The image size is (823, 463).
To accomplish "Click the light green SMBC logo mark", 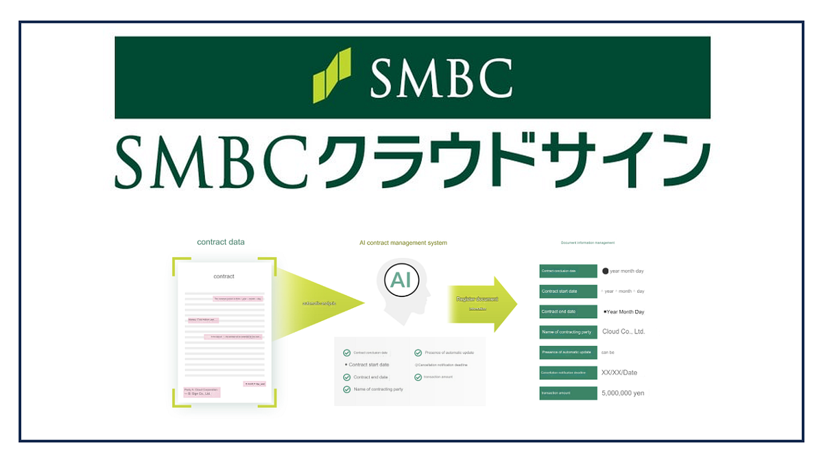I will coord(332,75).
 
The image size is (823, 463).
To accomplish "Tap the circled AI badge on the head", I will coord(402,279).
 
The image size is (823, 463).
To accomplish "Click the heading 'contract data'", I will coord(221,242).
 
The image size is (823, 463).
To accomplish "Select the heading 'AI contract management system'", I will coord(403,243).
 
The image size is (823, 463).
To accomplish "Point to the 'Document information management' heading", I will coord(588,243).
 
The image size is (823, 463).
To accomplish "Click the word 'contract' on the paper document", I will coord(224,276).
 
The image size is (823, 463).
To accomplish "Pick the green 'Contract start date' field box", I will coord(568,291).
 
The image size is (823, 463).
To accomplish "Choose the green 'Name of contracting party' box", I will coord(568,332).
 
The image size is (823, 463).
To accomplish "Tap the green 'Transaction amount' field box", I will coord(568,393).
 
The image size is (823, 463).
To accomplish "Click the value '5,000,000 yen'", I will coord(623,393).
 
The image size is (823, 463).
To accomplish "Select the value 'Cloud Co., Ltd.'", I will coord(623,332).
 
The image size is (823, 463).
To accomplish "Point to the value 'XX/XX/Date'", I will coord(619,372).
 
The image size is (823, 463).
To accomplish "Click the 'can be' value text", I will coord(608,353).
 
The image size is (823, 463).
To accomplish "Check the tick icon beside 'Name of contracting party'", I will coord(347,390).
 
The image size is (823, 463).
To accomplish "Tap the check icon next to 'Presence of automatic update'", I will coord(418,353).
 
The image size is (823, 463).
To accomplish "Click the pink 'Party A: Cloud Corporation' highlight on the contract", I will coord(201,392).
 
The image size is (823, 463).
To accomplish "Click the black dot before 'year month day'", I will coord(605,271).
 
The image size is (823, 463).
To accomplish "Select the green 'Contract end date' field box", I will coord(568,311).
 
